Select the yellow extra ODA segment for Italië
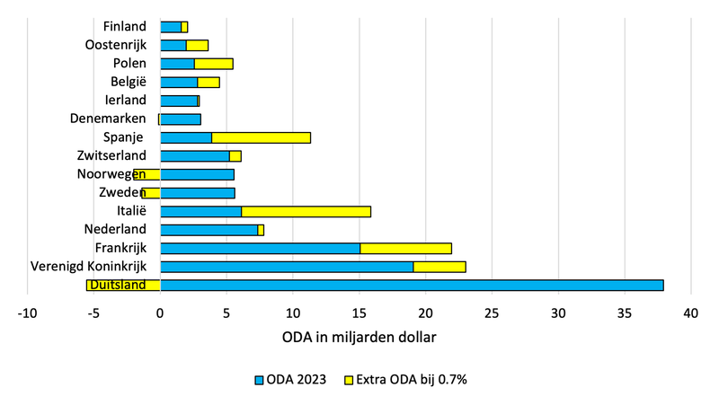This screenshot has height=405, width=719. tap(306, 211)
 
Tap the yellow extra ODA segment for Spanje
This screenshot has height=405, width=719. tap(261, 137)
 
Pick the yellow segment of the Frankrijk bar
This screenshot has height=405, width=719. tap(405, 248)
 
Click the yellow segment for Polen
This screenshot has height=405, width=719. tap(213, 64)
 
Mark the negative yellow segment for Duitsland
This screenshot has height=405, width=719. tap(123, 285)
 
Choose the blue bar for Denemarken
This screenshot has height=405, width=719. tap(180, 119)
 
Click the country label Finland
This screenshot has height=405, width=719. tap(124, 27)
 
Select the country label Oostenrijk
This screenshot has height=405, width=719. tap(115, 45)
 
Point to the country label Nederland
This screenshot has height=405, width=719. tap(116, 229)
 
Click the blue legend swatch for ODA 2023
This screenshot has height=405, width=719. tap(261, 380)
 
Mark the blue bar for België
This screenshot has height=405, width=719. tap(178, 82)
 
